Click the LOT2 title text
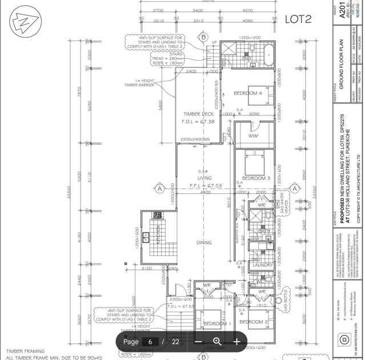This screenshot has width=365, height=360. tap(298, 19)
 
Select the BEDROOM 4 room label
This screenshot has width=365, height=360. tap(248, 93)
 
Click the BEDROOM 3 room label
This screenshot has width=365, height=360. tap(255, 178)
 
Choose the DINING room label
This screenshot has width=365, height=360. tap(204, 243)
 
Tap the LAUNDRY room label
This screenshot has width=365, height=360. tap(262, 265)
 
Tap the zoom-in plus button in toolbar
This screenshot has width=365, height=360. tap(236, 342)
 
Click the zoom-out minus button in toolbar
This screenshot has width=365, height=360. tap(198, 342)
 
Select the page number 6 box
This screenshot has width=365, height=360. tap(150, 342)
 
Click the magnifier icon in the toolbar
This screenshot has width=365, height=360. tap(217, 342)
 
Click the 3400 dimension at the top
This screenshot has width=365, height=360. tap(198, 11)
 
